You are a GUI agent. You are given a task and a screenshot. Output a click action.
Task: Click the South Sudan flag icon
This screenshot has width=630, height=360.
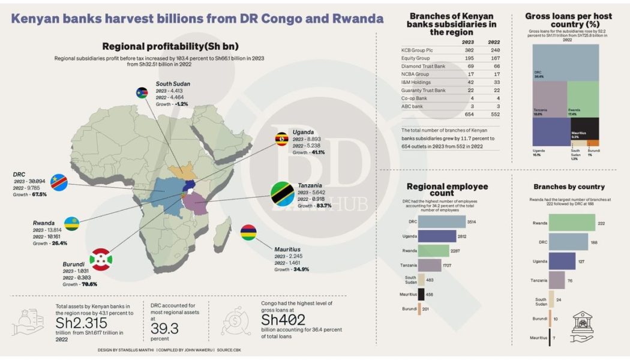tap(145, 92)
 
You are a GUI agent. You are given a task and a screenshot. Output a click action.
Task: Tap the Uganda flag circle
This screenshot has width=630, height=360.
tap(281, 140)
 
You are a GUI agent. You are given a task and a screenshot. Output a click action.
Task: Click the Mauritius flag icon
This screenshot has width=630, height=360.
tap(249, 233)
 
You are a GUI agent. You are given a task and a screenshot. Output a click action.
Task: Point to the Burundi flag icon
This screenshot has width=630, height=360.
tap(101, 259)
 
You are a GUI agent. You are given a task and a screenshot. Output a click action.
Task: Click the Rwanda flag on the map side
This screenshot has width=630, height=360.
tap(72, 224)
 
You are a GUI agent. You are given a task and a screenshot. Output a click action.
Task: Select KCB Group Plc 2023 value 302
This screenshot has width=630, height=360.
tap(470, 51)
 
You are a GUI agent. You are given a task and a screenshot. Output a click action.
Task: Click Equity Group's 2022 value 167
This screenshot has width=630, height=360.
tap(495, 59)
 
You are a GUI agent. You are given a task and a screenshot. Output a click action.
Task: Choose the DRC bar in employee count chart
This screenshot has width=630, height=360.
tap(442, 221)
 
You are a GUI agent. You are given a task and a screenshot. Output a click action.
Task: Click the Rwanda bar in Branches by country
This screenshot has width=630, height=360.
tap(563, 223)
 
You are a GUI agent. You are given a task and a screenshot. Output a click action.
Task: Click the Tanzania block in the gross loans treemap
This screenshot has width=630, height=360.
tap(550, 99)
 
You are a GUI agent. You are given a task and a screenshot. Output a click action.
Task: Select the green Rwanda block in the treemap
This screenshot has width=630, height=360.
tap(583, 99)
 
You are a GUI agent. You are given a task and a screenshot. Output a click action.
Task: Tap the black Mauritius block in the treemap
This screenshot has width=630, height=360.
tap(583, 128)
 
